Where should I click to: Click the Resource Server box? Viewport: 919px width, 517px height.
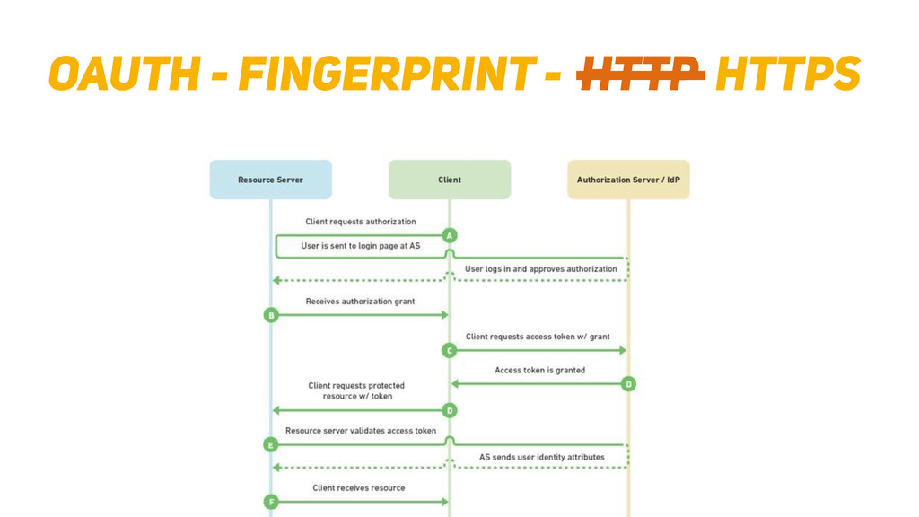click(271, 180)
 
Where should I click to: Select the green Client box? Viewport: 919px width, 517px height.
click(450, 180)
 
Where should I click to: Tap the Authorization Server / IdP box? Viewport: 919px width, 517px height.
click(628, 180)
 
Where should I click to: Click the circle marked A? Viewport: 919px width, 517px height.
click(450, 236)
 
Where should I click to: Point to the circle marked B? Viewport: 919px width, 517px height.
click(271, 315)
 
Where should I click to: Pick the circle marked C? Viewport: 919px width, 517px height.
click(450, 351)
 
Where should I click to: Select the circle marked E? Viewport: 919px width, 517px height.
click(271, 445)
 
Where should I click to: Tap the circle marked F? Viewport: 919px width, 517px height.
click(271, 502)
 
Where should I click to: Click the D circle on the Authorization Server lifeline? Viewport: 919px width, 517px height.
click(628, 384)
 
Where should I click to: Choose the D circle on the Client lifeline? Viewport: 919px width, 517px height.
click(450, 410)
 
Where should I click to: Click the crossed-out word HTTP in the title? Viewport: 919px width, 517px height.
click(641, 74)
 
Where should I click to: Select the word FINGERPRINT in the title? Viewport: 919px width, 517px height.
click(388, 74)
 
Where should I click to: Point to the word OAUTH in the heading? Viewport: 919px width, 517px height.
click(125, 74)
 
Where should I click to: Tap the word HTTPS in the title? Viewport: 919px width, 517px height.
click(788, 74)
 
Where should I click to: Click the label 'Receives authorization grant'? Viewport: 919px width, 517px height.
click(360, 302)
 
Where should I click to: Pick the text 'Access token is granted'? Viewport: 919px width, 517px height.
click(539, 370)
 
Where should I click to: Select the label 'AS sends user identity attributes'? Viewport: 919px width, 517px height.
click(541, 457)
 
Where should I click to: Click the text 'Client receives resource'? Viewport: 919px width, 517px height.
click(359, 487)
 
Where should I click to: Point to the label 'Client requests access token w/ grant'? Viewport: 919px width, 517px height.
click(538, 337)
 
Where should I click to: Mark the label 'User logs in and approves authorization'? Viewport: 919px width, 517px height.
click(541, 269)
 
